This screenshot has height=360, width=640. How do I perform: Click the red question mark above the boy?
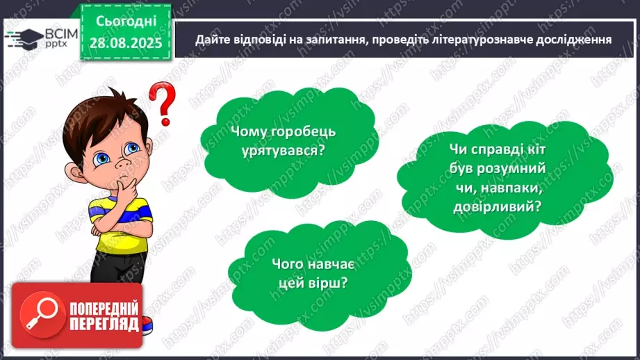click(x=162, y=102)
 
